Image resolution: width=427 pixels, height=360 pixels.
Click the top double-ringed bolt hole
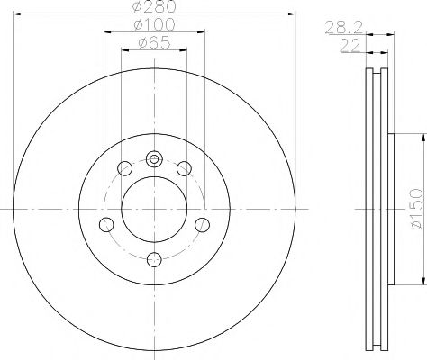pyautogui.click(x=153, y=160)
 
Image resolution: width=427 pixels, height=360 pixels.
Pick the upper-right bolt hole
pyautogui.click(x=184, y=167)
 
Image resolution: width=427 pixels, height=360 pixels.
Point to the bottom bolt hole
pyautogui.click(x=153, y=258)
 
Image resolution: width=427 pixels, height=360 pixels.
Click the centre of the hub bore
pyautogui.click(x=153, y=209)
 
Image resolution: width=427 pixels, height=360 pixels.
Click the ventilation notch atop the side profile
pyautogui.click(x=376, y=71)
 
